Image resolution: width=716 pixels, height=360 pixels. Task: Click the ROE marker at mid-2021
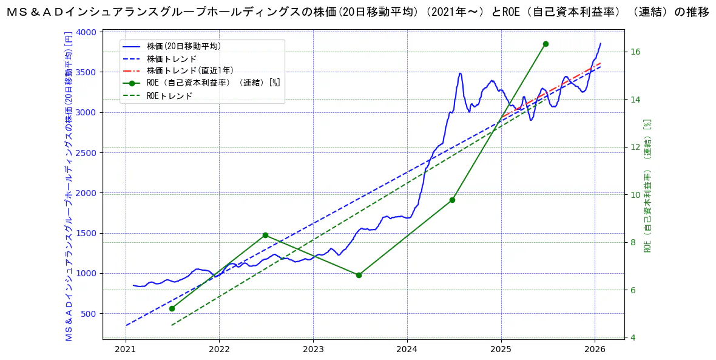pos(172,308)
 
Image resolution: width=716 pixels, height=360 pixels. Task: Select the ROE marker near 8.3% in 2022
pos(265,235)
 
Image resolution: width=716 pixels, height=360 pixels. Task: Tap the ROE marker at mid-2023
pos(359,275)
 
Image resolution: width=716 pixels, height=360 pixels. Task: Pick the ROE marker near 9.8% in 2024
pos(452,200)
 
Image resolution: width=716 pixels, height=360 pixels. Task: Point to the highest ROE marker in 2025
pos(545,44)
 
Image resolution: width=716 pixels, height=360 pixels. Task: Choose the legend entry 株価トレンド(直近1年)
pos(190,70)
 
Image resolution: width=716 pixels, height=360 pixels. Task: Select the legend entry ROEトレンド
pos(169,95)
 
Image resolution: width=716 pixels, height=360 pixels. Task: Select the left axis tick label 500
pos(89,314)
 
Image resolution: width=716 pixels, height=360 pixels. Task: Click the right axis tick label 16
pos(635,52)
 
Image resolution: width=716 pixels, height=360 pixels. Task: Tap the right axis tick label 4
pos(633,338)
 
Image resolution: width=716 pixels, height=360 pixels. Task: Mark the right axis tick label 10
pos(635,195)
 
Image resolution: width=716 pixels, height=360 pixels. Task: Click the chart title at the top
pos(358,12)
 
